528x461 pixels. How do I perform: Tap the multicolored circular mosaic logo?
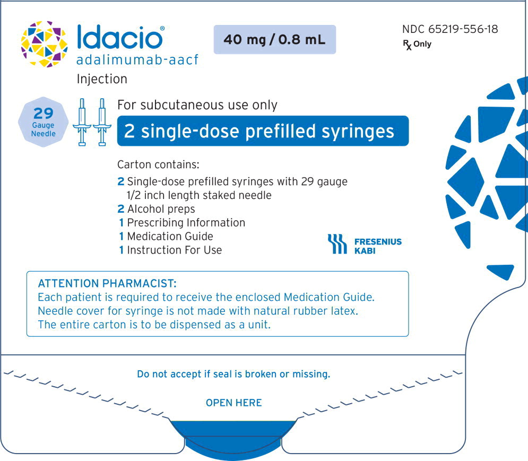tap(44, 44)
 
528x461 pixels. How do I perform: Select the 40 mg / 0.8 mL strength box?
tap(274, 39)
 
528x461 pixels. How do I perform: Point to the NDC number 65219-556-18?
tap(449, 29)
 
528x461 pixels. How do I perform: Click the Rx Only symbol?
tap(417, 45)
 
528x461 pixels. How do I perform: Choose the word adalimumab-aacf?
tap(137, 60)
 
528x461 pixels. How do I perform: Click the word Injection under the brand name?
tap(102, 79)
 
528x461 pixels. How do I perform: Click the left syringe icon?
tap(83, 122)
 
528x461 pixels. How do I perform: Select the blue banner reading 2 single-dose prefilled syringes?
tap(262, 131)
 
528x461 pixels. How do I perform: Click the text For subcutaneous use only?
tap(197, 105)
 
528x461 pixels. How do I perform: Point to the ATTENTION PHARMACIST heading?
tap(107, 283)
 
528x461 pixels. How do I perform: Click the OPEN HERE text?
tap(233, 403)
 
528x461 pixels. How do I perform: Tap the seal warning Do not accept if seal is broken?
tap(233, 374)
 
